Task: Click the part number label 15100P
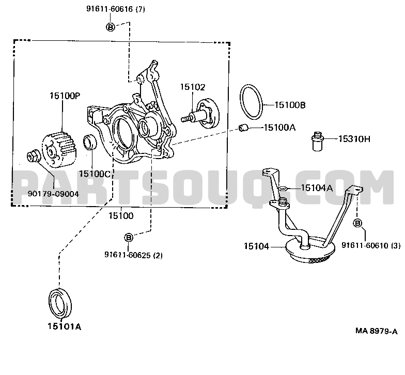(65, 96)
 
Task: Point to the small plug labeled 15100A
(243, 127)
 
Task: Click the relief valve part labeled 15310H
(317, 142)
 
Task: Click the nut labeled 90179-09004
(33, 157)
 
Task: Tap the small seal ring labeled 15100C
(89, 142)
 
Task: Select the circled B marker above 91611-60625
(128, 238)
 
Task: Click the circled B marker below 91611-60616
(111, 27)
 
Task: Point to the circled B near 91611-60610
(357, 223)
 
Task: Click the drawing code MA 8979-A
(376, 331)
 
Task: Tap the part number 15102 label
(192, 87)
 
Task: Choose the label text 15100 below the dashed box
(121, 216)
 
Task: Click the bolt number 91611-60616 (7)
(116, 9)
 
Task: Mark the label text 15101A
(64, 326)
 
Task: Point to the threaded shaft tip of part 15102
(185, 119)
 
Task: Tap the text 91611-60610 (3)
(371, 245)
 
